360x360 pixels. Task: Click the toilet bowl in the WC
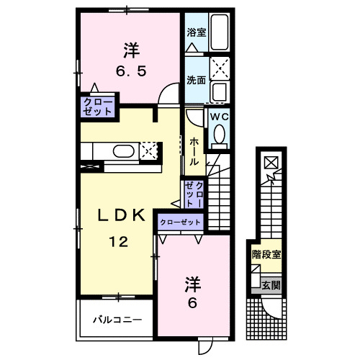219,135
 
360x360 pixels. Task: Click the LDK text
122,214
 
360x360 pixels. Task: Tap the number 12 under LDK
119,243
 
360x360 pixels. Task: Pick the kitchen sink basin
123,151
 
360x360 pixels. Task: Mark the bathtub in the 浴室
219,33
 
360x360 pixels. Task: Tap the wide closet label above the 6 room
181,222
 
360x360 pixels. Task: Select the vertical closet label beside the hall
194,195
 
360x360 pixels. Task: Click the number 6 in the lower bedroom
192,303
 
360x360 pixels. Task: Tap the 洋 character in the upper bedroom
130,50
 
